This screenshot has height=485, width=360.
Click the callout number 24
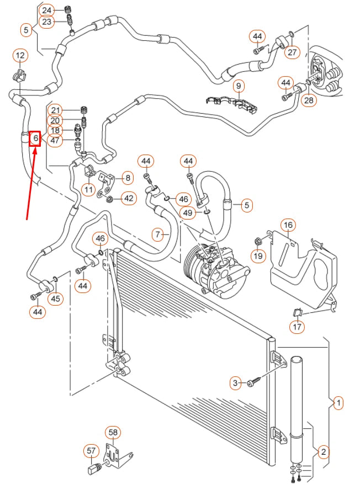pos(47,10)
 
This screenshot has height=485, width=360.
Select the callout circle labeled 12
pos(20,55)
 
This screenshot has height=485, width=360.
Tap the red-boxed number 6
pos(35,137)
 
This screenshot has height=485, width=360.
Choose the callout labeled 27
pos(292,52)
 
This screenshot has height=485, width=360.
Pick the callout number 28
pos(309,100)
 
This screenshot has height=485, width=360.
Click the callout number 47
pos(55,140)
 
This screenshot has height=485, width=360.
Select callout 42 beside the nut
pos(128,198)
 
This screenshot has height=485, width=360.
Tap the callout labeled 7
pos(158,235)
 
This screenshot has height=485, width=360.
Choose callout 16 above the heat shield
pos(288,225)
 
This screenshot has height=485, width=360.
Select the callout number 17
pos(298,327)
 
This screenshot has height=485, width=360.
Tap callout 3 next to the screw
pos(236,382)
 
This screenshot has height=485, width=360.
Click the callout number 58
pos(114,432)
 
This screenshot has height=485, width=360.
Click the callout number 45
pos(56,299)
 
